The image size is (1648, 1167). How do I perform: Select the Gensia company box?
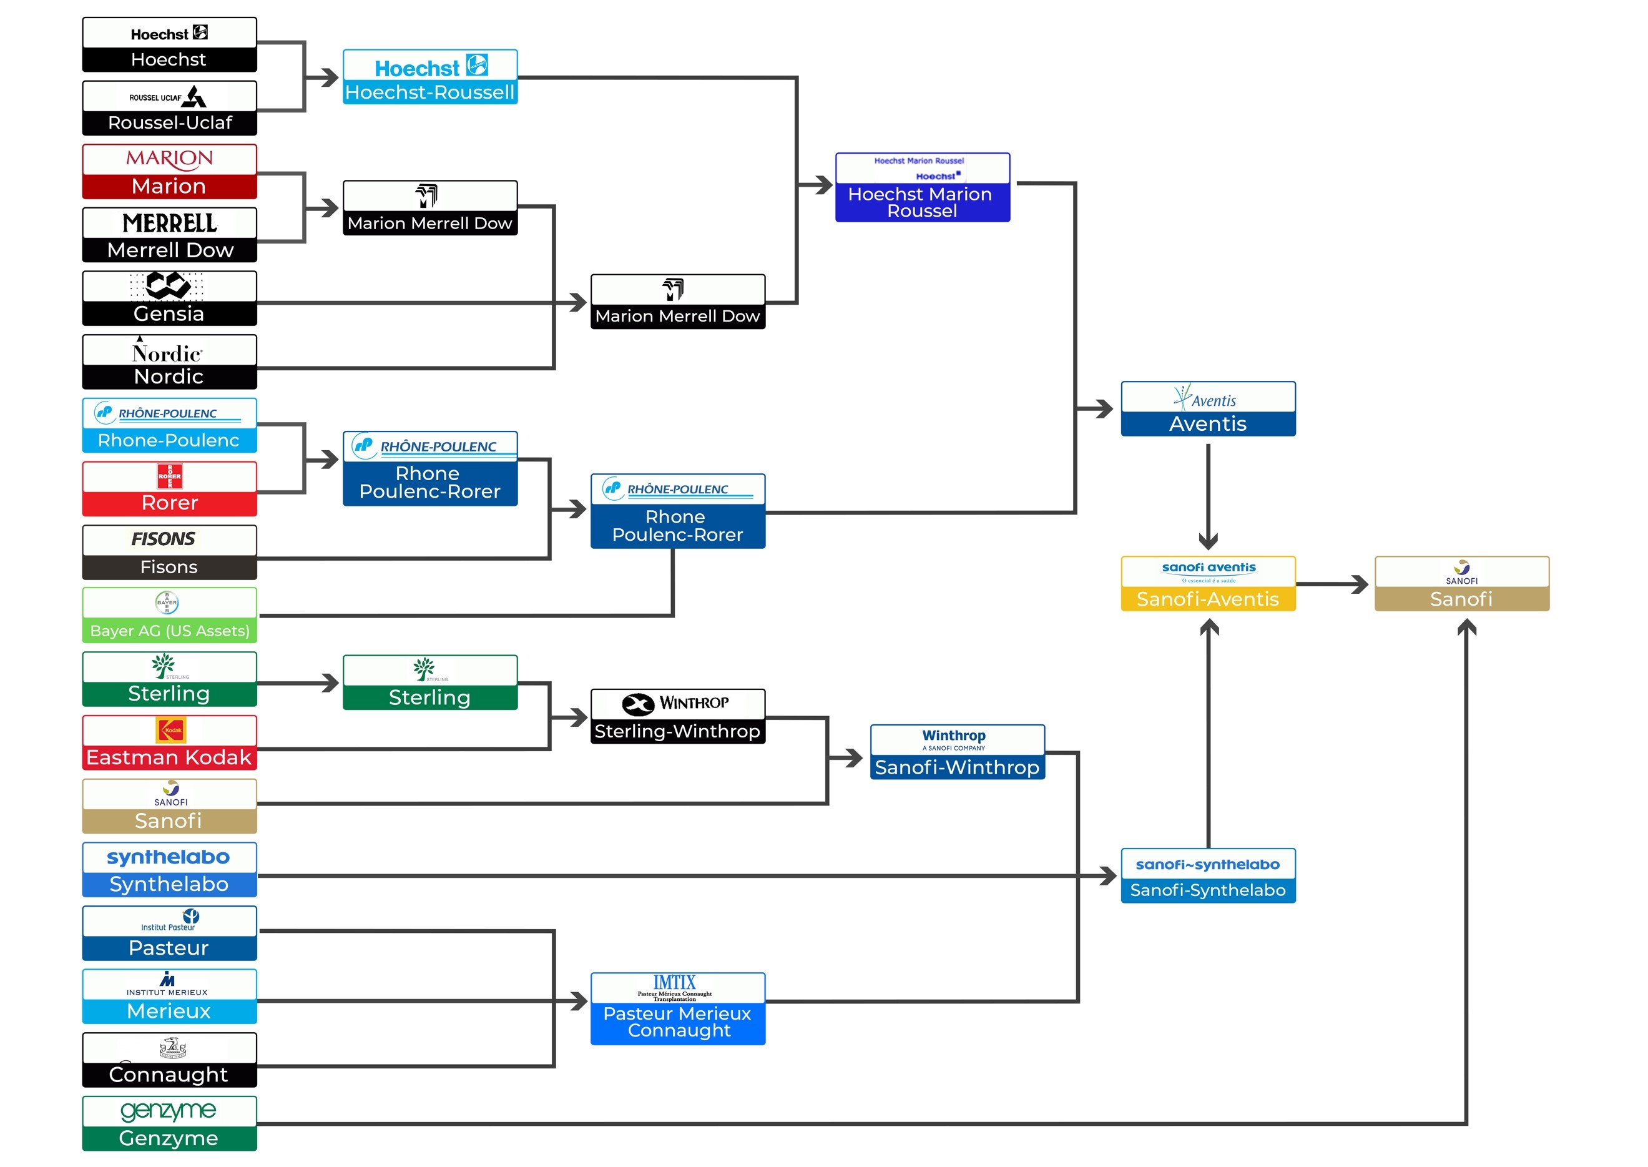pos(170,298)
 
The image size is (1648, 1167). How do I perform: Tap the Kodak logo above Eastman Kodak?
pos(171,730)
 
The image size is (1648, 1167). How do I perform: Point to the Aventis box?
pos(1208,409)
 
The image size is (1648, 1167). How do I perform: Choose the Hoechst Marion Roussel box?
pos(923,187)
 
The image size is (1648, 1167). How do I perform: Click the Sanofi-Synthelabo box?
pos(1208,875)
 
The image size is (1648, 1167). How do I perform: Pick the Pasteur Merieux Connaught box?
pos(677,1008)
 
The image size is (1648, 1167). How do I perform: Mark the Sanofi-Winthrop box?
pos(957,752)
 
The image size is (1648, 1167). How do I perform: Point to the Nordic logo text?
pos(167,353)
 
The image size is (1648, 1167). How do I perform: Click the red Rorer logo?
pos(170,476)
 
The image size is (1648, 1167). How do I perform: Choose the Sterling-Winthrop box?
pos(677,716)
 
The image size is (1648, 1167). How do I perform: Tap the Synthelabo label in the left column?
pos(170,884)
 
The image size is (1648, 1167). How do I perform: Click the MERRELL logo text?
pos(170,224)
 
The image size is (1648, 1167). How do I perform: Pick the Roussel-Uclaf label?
pos(170,123)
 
